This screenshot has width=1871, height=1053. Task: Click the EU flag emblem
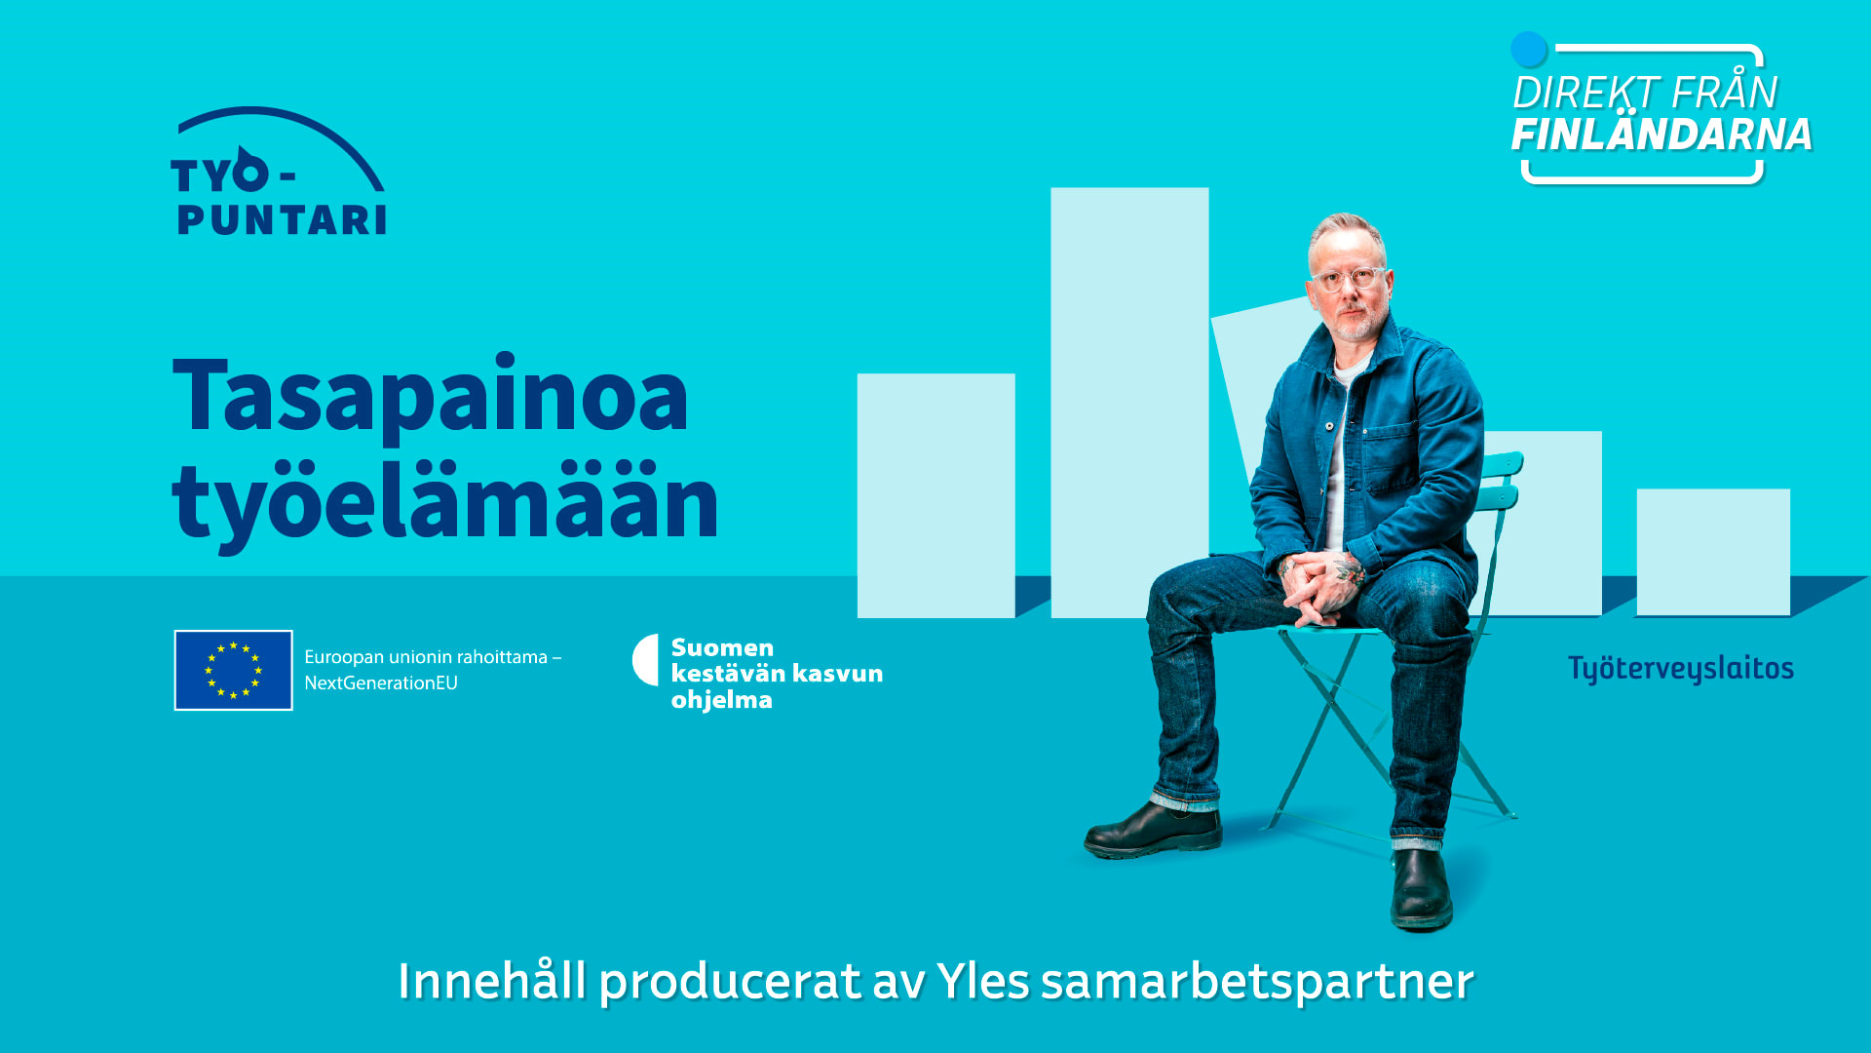[234, 670]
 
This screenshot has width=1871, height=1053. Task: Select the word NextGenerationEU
[381, 683]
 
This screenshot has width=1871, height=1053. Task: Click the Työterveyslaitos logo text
[1681, 669]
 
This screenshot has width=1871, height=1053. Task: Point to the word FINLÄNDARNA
[1661, 135]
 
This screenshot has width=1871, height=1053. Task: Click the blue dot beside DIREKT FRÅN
[1529, 50]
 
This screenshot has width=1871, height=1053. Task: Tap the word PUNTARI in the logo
[282, 220]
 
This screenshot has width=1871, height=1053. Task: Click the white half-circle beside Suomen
[646, 660]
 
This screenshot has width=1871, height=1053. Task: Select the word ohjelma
[722, 700]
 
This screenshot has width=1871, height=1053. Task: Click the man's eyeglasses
[1349, 279]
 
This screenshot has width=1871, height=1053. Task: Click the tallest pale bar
[1129, 402]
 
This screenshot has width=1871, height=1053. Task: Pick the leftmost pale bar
[936, 495]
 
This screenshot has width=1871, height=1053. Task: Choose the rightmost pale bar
[1713, 552]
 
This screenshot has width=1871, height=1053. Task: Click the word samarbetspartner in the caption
[1257, 982]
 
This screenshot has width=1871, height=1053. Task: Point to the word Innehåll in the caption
[492, 980]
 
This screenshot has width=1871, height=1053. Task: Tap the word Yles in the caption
[983, 981]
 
